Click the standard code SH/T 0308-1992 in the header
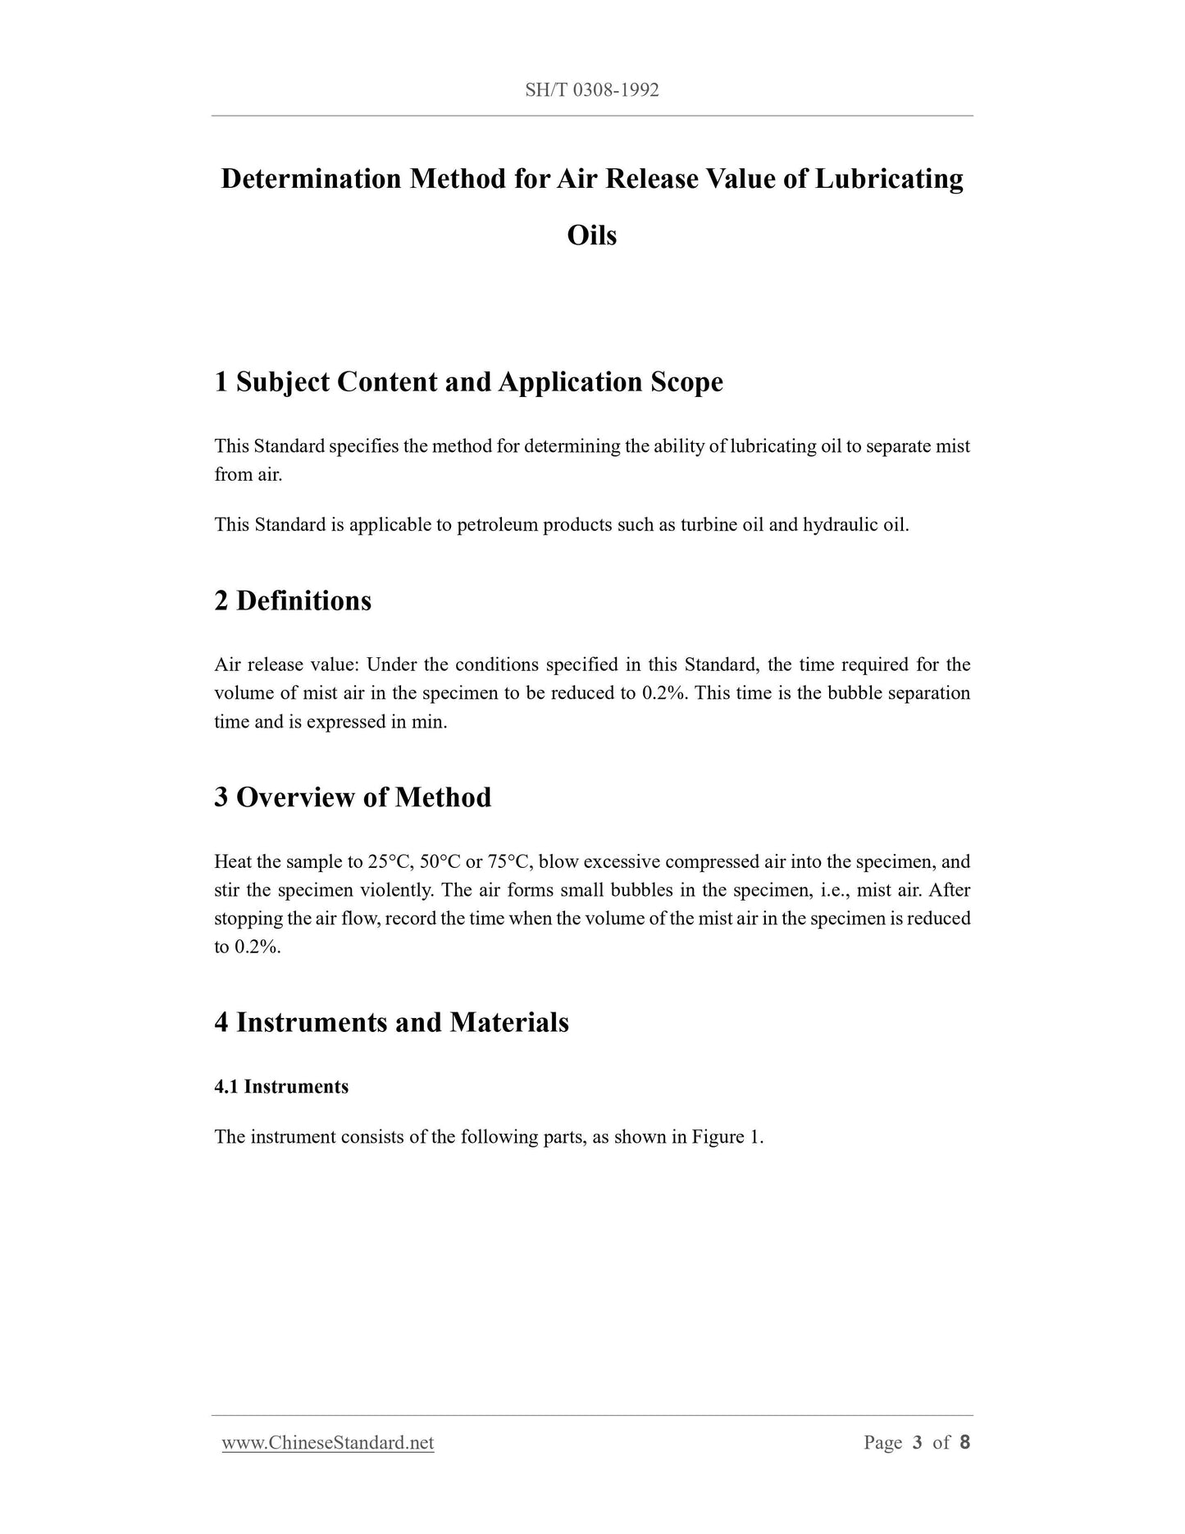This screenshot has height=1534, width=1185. (592, 90)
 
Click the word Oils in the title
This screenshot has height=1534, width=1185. (592, 235)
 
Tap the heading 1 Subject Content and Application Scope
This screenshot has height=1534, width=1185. (468, 381)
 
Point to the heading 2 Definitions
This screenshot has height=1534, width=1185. (293, 600)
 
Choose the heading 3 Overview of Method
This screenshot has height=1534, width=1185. (353, 797)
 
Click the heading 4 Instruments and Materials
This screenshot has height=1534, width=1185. (391, 1022)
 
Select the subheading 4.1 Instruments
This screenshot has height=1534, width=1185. (281, 1087)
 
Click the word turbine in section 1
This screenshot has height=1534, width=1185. (709, 525)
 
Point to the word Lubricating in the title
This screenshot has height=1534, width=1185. (888, 179)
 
